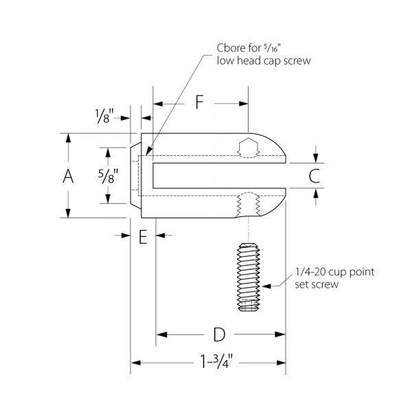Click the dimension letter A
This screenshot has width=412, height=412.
pyautogui.click(x=68, y=176)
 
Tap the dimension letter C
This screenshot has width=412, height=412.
pyautogui.click(x=314, y=176)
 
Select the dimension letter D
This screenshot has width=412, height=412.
pyautogui.click(x=219, y=334)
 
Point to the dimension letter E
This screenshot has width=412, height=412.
pyautogui.click(x=143, y=237)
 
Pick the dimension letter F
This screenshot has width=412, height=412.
pyautogui.click(x=200, y=102)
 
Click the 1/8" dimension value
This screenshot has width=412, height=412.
pyautogui.click(x=104, y=116)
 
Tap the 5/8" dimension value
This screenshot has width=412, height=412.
pyautogui.click(x=108, y=176)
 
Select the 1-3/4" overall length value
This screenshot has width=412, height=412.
pyautogui.click(x=216, y=361)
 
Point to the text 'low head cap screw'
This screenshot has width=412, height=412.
pyautogui.click(x=264, y=60)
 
